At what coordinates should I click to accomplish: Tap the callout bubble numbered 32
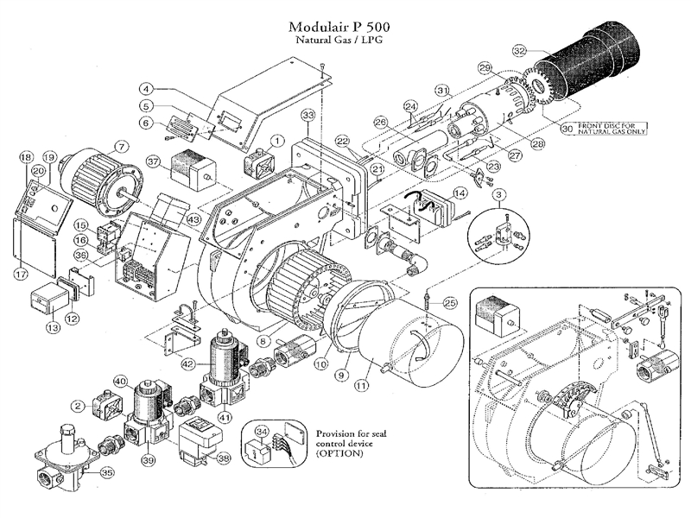click(x=519, y=50)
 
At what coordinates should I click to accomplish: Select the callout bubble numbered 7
click(x=121, y=146)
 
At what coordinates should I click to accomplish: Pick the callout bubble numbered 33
click(x=307, y=115)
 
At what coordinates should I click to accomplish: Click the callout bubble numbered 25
click(x=449, y=302)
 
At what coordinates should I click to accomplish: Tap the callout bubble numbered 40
click(x=120, y=381)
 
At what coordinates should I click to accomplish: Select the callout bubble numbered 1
click(x=277, y=139)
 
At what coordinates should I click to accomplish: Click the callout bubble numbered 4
click(x=147, y=88)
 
